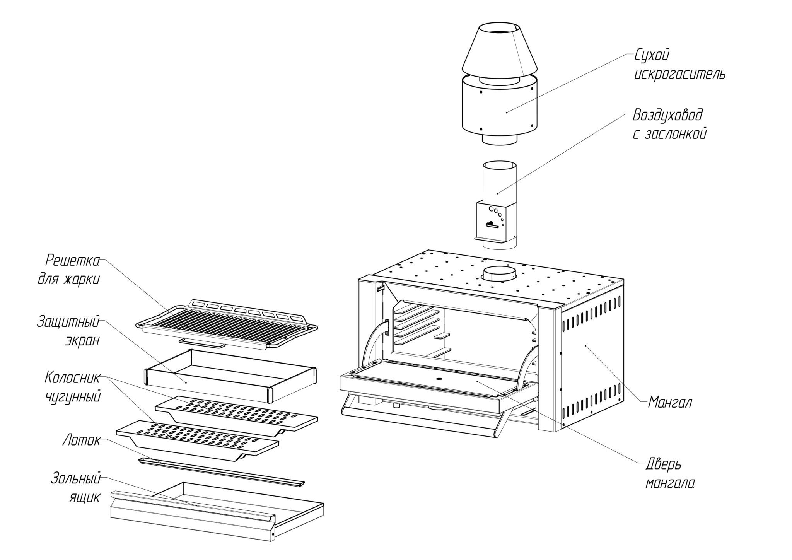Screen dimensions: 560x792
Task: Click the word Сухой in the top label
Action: click(652, 55)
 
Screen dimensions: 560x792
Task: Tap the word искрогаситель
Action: click(679, 74)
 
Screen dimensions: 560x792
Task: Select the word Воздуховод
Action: click(668, 115)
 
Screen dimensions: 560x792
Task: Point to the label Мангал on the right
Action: click(670, 403)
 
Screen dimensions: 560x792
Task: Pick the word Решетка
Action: click(73, 260)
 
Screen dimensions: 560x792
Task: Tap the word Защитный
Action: click(68, 322)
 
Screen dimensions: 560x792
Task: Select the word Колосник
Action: click(73, 377)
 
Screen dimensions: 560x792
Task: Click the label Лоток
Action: click(81, 440)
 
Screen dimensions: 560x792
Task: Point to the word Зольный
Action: click(76, 479)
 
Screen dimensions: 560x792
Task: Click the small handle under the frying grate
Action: click(202, 343)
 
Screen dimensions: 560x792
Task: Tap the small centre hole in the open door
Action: click(440, 379)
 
